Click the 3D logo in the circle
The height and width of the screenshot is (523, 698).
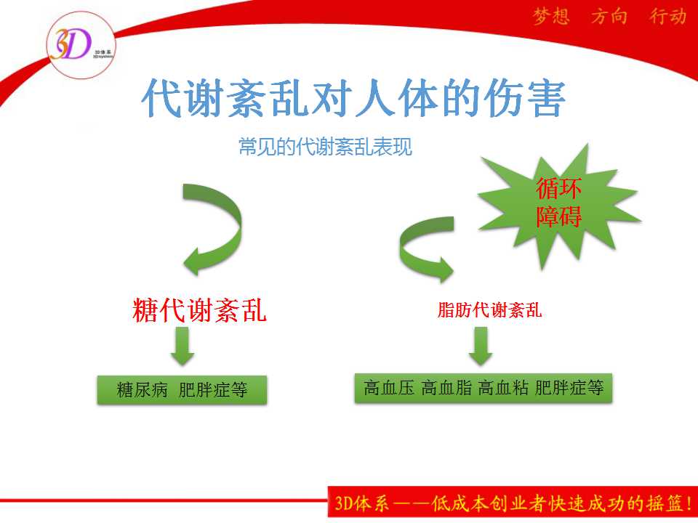[x=81, y=45]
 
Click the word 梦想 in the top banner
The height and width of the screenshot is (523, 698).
[x=551, y=17]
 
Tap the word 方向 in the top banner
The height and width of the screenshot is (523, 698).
[x=609, y=17]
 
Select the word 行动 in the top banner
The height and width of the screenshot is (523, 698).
[x=667, y=17]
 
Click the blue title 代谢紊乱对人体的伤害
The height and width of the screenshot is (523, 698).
[x=353, y=98]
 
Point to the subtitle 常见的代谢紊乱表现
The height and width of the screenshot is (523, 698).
[x=325, y=147]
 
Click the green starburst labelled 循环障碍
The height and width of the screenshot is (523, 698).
[x=558, y=205]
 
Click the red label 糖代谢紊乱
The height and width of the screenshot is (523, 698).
[x=199, y=310]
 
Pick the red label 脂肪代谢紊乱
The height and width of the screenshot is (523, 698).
[x=489, y=310]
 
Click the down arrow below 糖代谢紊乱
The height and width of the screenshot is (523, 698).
[x=182, y=346]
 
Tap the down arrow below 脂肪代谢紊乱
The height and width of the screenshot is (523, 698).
[x=481, y=346]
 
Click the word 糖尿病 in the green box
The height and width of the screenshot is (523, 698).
[x=142, y=390]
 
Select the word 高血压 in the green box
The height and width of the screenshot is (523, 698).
[x=389, y=388]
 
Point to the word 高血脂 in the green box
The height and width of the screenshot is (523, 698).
[x=446, y=388]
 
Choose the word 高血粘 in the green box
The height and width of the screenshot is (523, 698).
[x=503, y=388]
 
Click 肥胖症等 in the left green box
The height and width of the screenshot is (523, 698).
[x=213, y=390]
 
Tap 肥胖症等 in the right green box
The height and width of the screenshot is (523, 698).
[x=569, y=388]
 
